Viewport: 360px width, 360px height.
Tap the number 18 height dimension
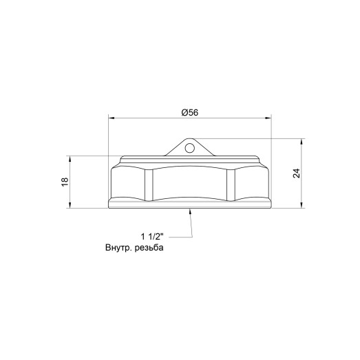click(65, 182)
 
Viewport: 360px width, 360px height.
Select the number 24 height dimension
click(296, 173)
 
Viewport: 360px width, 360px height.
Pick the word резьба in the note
click(149, 248)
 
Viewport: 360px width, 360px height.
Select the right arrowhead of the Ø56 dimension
click(271, 118)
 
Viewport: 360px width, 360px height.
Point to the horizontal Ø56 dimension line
click(151, 118)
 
